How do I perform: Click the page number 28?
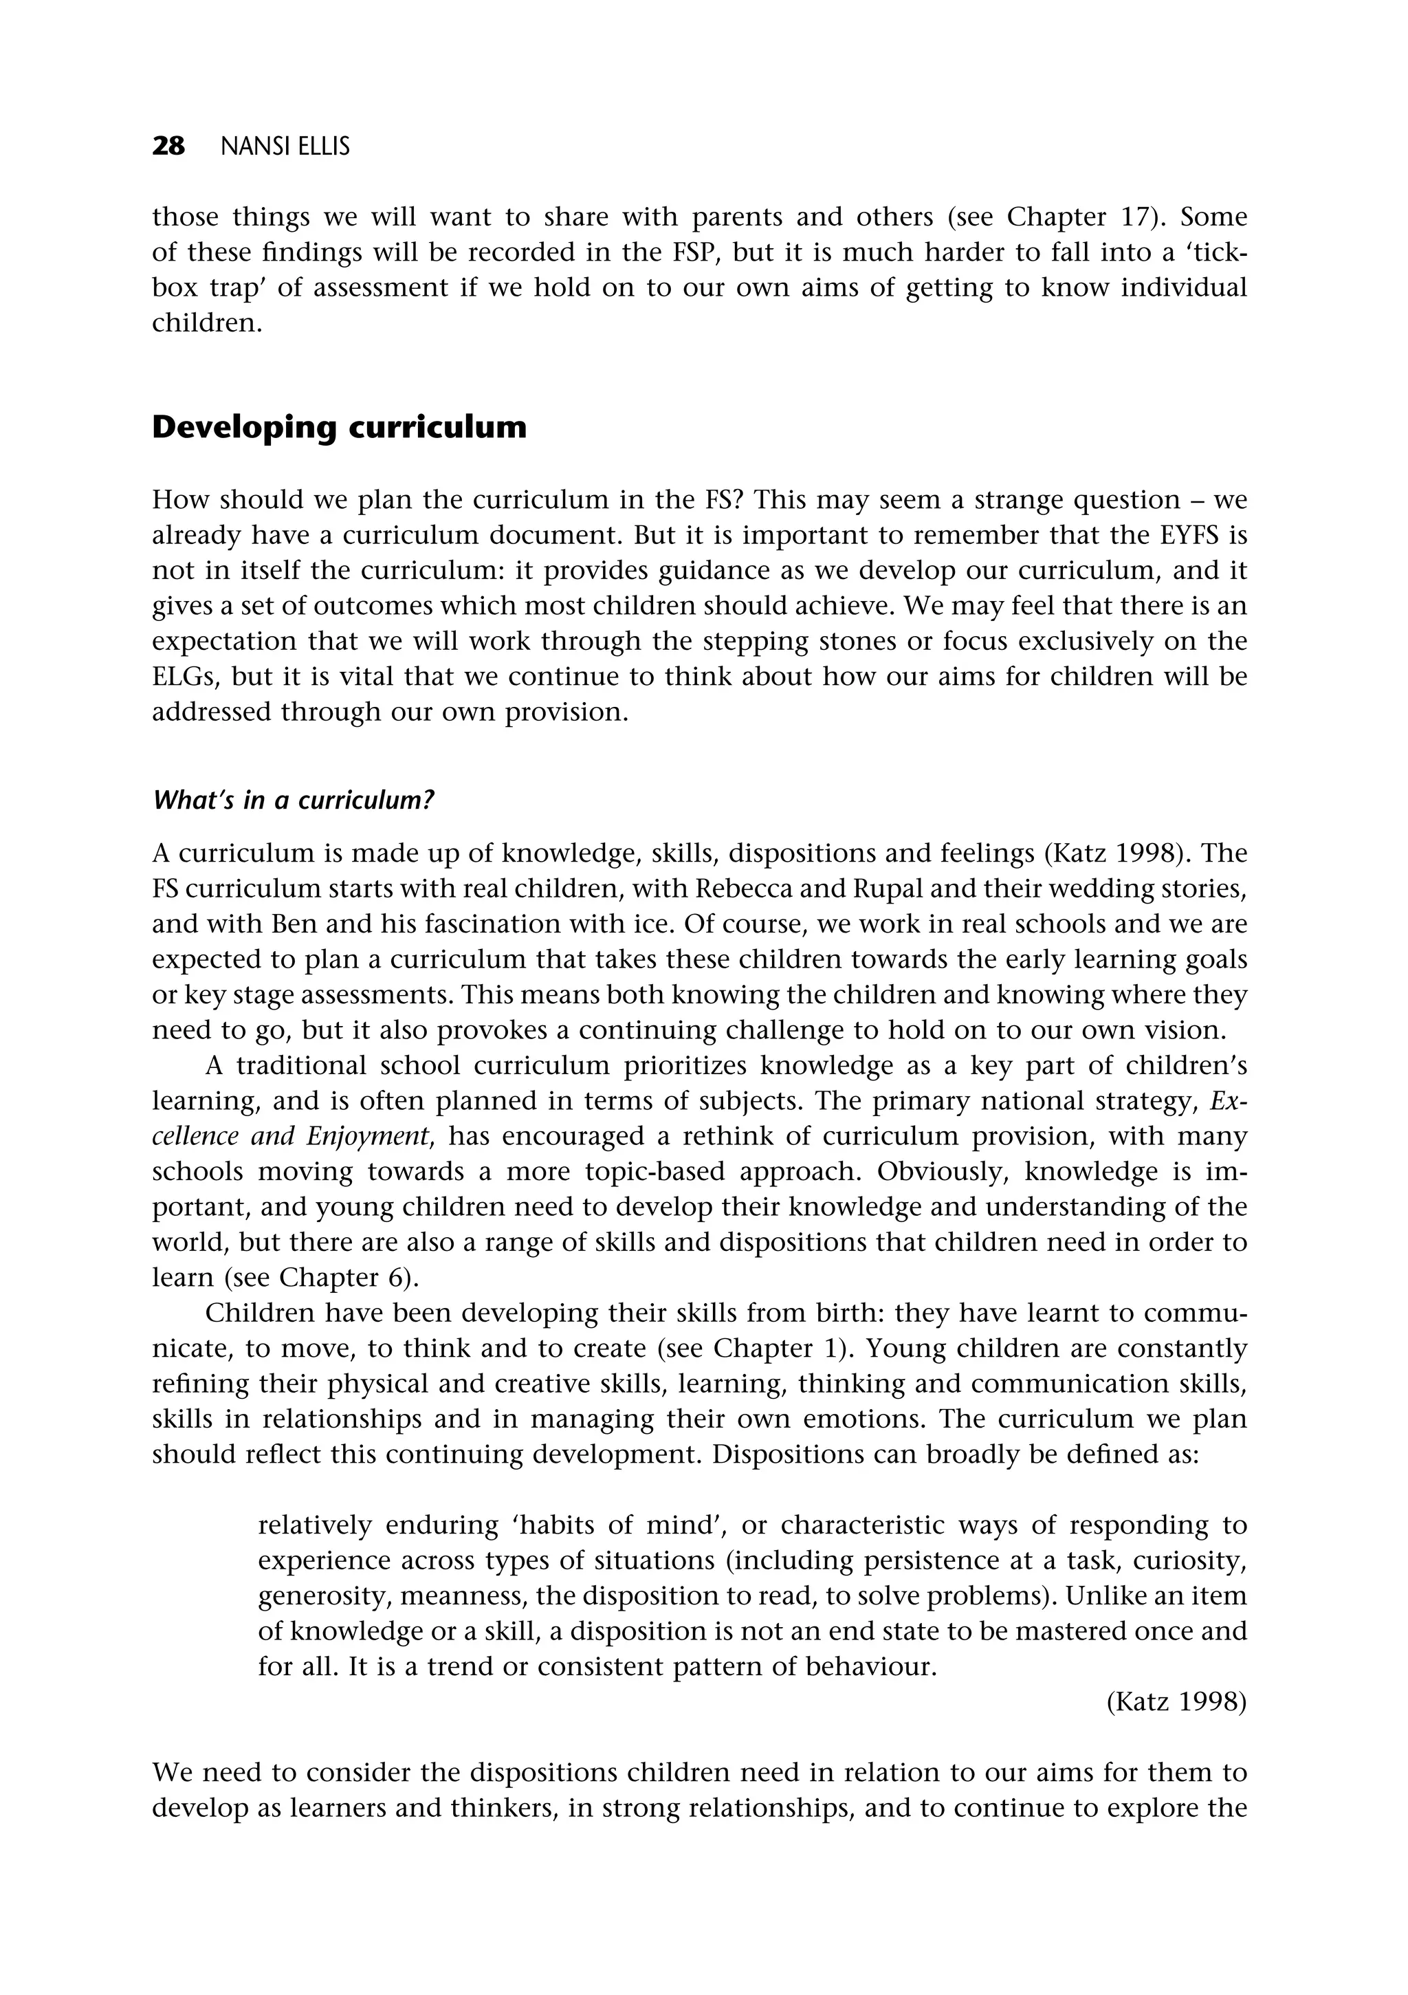(x=168, y=147)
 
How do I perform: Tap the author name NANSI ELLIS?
(x=285, y=148)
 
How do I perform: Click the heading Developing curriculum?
(x=339, y=428)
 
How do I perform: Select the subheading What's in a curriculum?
(x=293, y=800)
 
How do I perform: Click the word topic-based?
(x=655, y=1172)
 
